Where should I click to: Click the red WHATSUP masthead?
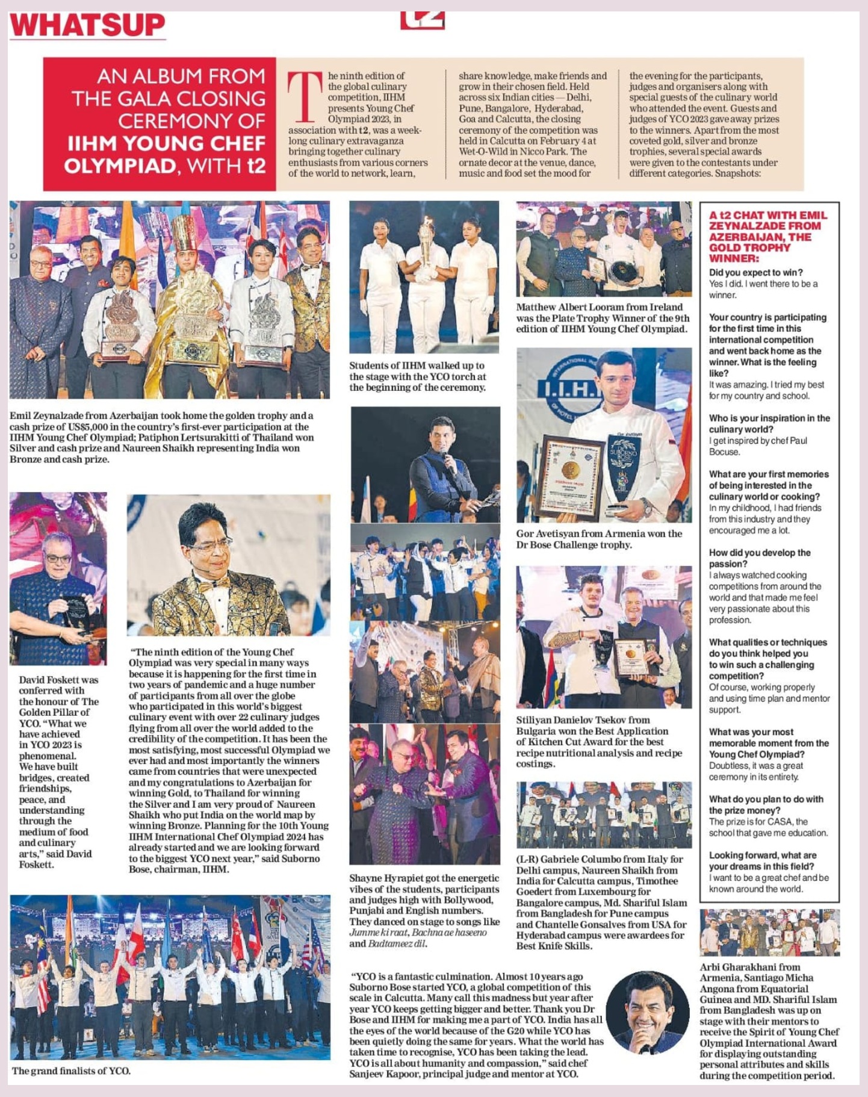coord(88,25)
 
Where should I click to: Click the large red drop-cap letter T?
coord(305,97)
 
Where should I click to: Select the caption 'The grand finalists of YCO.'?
coord(71,1071)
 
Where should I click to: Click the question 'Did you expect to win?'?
coord(755,272)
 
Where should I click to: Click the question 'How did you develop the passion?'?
coord(759,558)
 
